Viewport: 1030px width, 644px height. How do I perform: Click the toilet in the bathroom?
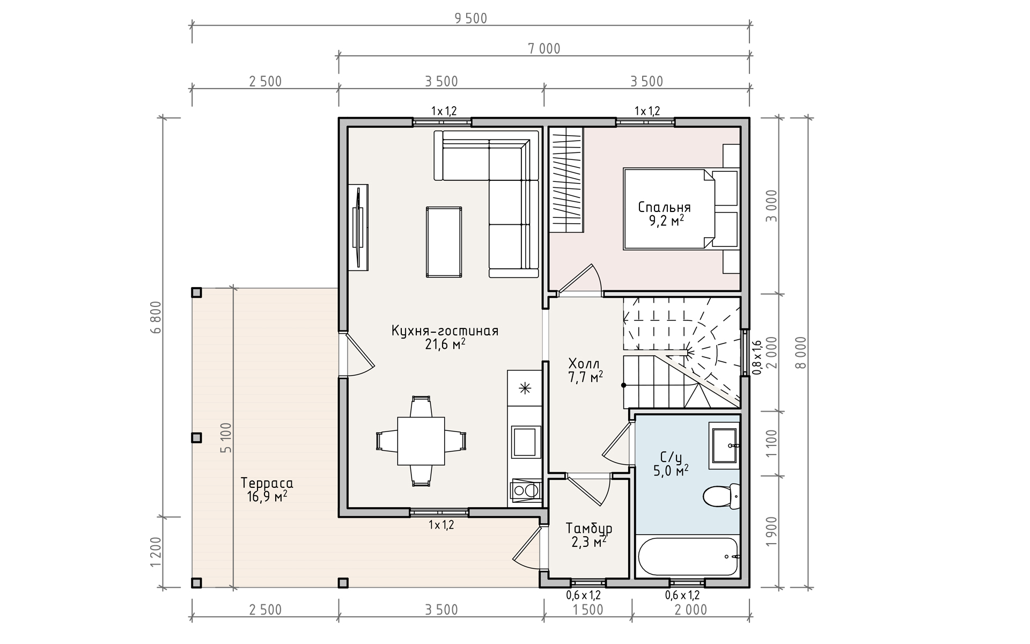coord(722,495)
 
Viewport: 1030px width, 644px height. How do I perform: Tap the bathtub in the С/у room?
coord(689,557)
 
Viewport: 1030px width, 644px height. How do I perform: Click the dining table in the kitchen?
coord(421,441)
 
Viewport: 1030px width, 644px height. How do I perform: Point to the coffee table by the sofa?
coord(444,242)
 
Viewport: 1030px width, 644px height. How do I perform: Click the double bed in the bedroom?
coord(669,209)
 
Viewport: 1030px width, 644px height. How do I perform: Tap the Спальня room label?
coord(665,208)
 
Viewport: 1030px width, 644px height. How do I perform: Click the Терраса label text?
coord(267,482)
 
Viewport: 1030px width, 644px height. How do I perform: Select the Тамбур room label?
coord(589,529)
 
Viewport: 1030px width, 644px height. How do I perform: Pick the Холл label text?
coord(584,364)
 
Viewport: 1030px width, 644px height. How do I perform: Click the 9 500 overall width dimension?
coord(471,19)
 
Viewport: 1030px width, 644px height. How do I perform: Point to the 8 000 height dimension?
coord(800,353)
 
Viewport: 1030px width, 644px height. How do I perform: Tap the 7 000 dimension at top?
coord(544,49)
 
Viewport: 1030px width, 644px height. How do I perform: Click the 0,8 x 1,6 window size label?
coord(757,357)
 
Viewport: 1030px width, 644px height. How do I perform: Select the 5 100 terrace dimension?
coord(226,438)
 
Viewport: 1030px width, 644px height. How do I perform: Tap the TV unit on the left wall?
coord(358,228)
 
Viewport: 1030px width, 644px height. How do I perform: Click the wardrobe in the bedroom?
coord(566,180)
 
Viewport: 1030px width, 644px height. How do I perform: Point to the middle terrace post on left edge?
coord(197,438)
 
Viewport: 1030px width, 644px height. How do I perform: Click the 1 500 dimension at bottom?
coord(588,610)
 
